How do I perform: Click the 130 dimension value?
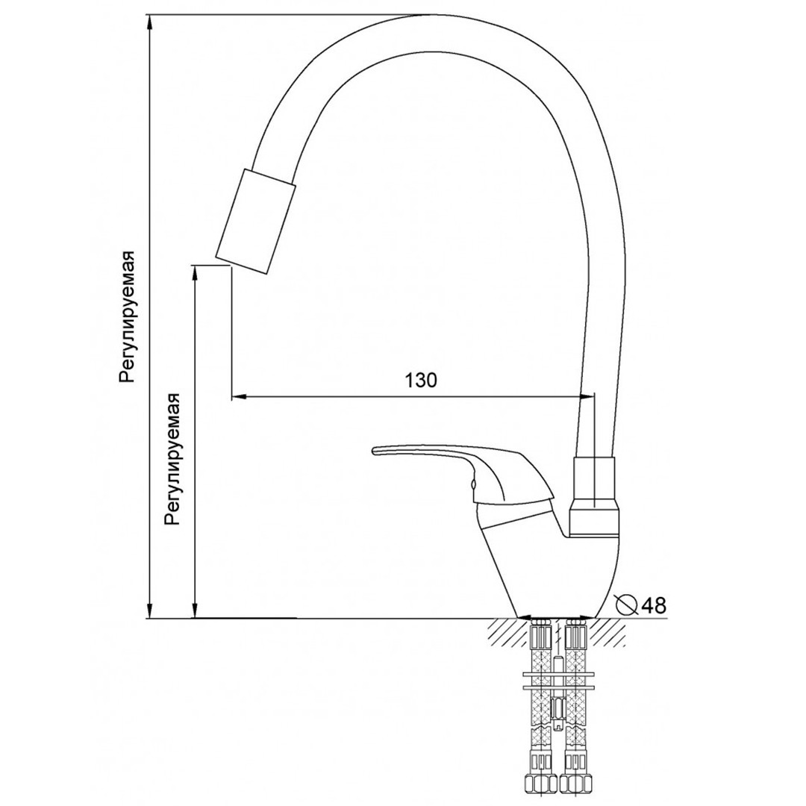coord(421,381)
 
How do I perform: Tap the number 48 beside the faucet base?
coord(653,605)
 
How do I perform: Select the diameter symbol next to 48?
coord(627,604)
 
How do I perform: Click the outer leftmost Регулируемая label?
coord(126,316)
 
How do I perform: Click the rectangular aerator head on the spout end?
coord(256,221)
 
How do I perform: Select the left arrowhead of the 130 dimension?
coord(240,396)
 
